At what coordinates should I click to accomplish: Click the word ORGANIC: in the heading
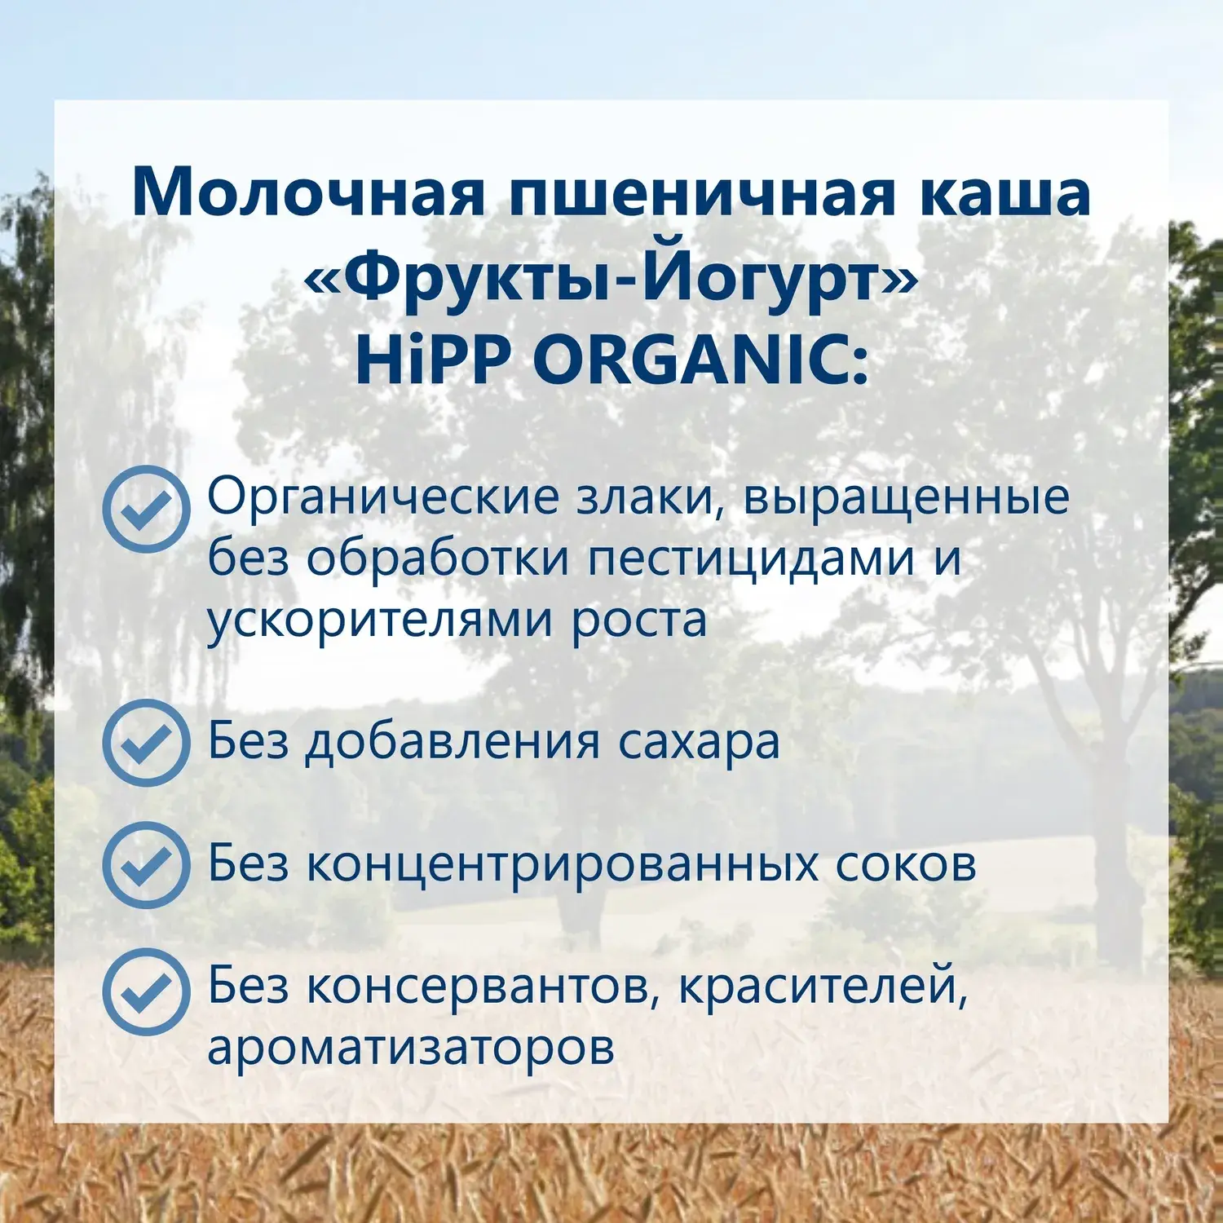point(701,359)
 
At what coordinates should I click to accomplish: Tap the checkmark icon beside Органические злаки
point(147,509)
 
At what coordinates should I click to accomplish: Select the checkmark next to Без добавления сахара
point(147,743)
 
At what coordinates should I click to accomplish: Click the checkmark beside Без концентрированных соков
point(147,865)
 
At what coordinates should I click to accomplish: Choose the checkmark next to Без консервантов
point(147,991)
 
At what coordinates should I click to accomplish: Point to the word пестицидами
point(751,559)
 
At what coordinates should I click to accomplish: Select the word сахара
point(698,744)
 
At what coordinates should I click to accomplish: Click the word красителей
point(823,987)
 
